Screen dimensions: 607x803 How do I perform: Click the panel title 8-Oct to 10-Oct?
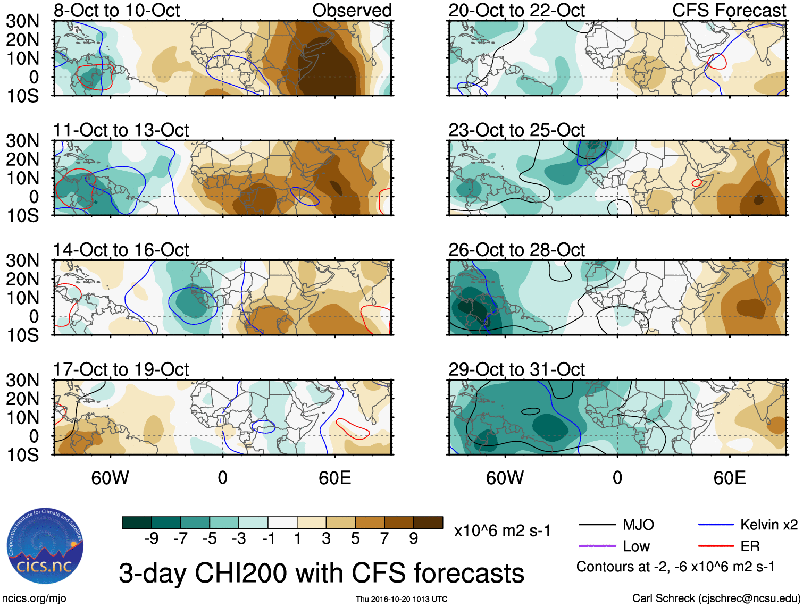coord(116,11)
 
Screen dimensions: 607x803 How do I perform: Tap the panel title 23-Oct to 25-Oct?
coord(516,130)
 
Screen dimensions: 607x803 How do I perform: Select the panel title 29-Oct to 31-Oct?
coord(516,369)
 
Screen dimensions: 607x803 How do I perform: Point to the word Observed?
coord(352,11)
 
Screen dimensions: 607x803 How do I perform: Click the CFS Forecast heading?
coord(729,11)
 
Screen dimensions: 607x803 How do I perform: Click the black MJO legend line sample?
coord(597,525)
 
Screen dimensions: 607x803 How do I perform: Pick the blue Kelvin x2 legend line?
coord(716,525)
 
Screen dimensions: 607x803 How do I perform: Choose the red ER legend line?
coord(716,546)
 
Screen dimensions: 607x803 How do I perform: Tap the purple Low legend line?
coord(597,546)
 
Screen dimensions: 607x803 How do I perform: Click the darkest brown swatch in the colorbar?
coord(428,522)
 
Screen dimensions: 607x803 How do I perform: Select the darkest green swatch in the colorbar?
coord(137,522)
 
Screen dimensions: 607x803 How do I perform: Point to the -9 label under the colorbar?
coord(151,539)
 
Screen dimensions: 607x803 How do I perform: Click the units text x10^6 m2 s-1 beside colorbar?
coord(502,530)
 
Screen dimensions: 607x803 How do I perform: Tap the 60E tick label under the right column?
coord(729,478)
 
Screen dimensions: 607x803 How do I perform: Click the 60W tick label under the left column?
coord(110,478)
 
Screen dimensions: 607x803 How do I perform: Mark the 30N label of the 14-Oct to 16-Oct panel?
coord(23,260)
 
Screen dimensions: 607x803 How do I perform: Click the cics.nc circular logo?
coord(45,547)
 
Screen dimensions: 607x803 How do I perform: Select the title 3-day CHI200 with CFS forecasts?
coord(321,573)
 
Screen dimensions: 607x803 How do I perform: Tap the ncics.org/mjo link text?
coord(34,598)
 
